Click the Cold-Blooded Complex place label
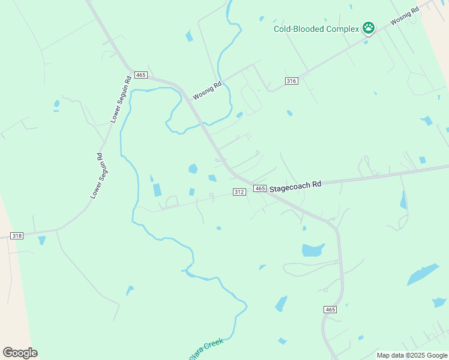tap(316, 29)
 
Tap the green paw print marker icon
tap(368, 28)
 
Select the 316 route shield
tap(292, 81)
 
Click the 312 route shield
tap(239, 192)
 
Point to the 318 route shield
tap(17, 236)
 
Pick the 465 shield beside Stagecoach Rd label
tap(259, 188)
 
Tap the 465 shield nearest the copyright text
tap(330, 309)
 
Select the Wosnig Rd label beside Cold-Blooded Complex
tap(404, 16)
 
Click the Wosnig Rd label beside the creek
tap(207, 91)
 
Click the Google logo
tap(20, 353)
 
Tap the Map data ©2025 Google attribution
tap(412, 355)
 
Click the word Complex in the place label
tap(341, 29)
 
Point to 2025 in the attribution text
tap(420, 355)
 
